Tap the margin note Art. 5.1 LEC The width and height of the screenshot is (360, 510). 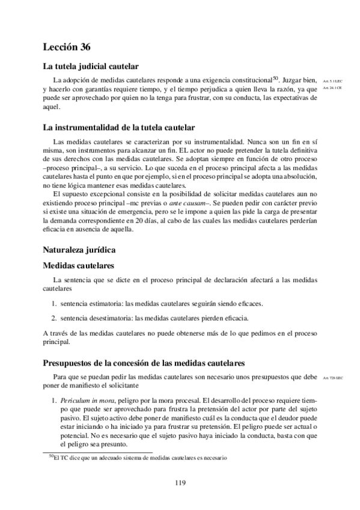click(x=332, y=80)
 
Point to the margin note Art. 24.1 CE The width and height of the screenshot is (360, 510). click(x=332, y=88)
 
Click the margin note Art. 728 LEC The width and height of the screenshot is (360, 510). click(x=332, y=378)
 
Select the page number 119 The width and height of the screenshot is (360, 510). click(x=180, y=482)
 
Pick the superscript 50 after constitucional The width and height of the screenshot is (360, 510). click(x=275, y=77)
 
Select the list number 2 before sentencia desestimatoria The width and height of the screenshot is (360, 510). click(x=53, y=318)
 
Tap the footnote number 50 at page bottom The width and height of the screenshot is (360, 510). click(x=50, y=456)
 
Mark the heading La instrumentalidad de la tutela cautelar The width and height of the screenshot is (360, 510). click(x=118, y=127)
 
